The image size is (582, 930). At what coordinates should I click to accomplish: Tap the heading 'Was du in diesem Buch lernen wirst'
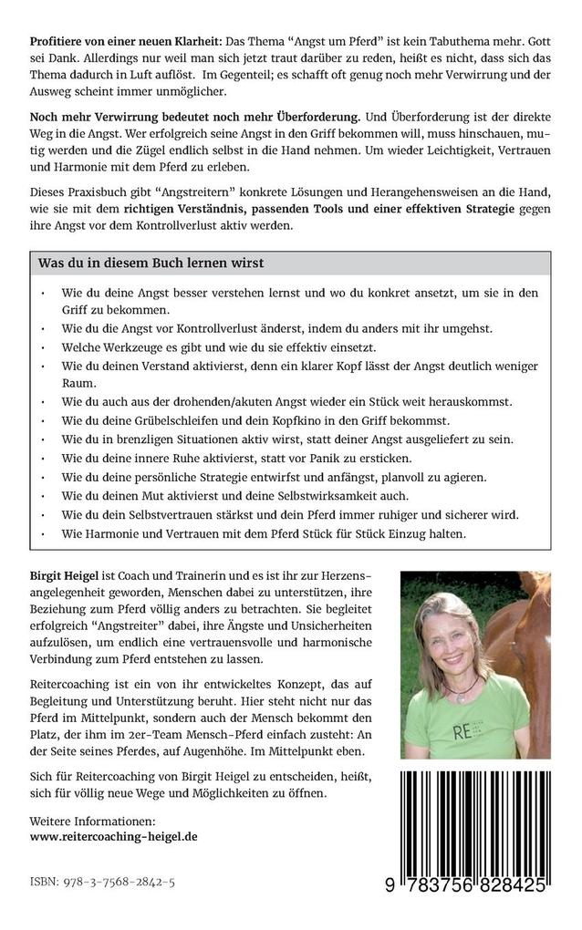point(151,263)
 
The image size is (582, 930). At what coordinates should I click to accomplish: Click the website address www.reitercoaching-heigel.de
point(113,835)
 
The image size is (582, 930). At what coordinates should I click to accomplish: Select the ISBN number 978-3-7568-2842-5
point(102,883)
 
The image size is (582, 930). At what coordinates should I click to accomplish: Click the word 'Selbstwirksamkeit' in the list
point(362,495)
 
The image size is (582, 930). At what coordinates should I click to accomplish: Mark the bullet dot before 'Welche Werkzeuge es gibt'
point(44,347)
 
